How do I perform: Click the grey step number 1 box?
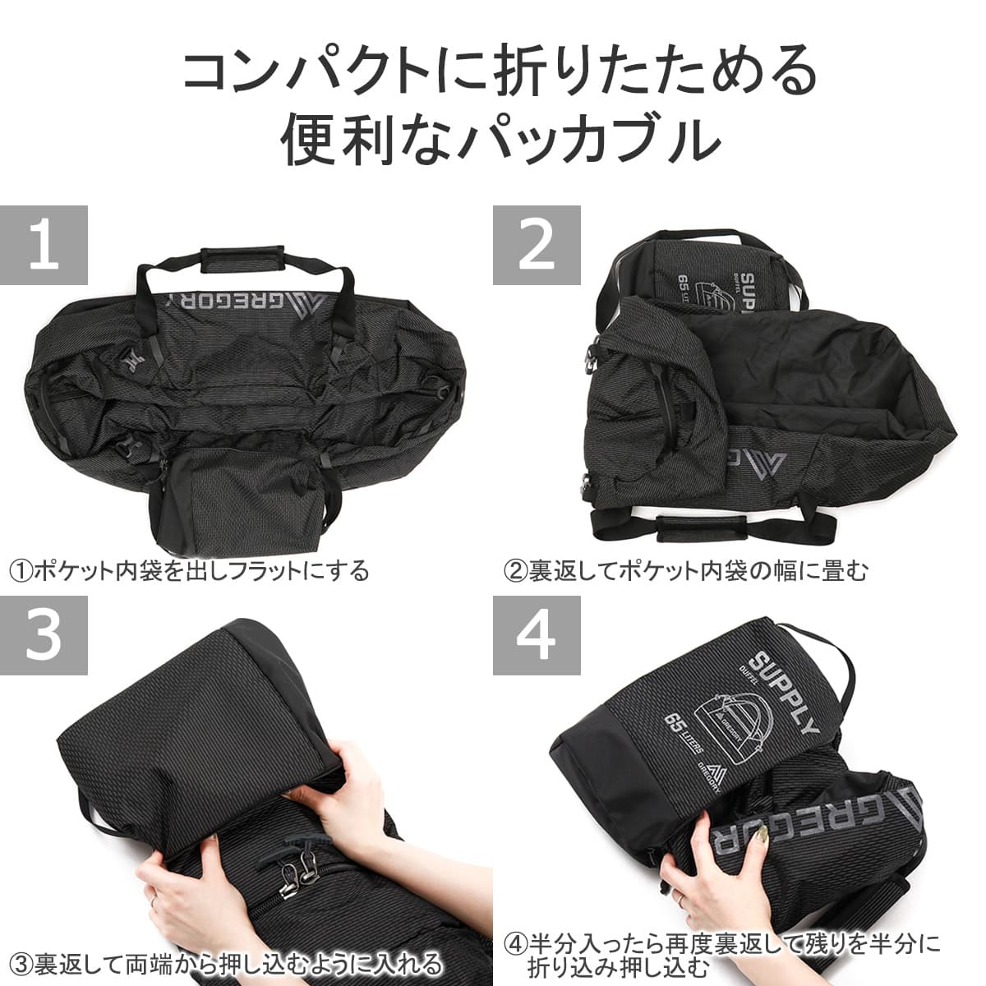click(44, 245)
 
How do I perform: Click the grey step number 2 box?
click(537, 245)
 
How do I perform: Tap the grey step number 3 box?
click(44, 635)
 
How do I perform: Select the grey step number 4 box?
click(537, 635)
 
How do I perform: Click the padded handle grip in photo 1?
click(242, 259)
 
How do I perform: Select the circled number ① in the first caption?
click(21, 572)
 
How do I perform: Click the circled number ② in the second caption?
click(515, 572)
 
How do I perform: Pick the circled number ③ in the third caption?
click(22, 964)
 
